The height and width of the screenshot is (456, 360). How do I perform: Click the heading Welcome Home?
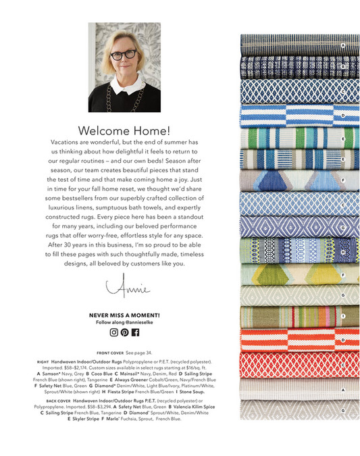pos(124,130)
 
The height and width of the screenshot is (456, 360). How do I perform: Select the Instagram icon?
pos(113,332)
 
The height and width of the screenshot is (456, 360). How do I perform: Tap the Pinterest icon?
pos(124,332)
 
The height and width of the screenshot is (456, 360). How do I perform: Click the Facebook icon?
pos(135,332)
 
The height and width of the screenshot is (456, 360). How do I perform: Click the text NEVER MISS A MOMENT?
pos(124,315)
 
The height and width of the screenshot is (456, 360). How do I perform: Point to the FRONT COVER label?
pos(110,353)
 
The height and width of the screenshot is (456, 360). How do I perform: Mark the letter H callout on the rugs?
pos(343,251)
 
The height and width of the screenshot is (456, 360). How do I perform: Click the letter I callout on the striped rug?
pos(343,315)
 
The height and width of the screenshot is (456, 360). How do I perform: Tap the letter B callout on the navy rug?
pos(343,67)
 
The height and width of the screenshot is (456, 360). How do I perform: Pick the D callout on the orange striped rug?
pos(343,339)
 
